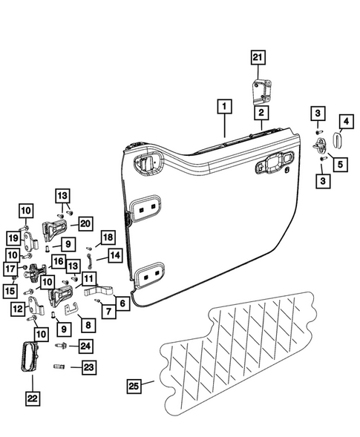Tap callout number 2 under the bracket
pyautogui.click(x=261, y=113)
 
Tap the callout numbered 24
pyautogui.click(x=87, y=345)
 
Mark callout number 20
pyautogui.click(x=85, y=223)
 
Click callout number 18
pyautogui.click(x=107, y=237)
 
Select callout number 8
pyautogui.click(x=88, y=324)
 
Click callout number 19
pyautogui.click(x=13, y=237)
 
